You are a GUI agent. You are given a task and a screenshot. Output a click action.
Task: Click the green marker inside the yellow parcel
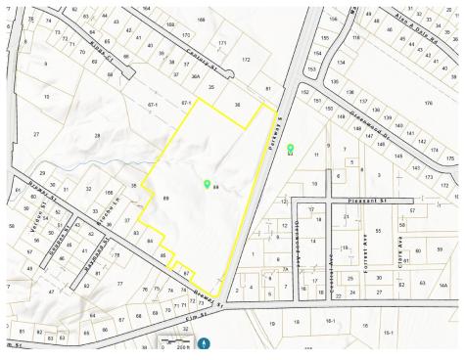point(206,183)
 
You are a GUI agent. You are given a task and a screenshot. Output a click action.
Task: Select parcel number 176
point(427,102)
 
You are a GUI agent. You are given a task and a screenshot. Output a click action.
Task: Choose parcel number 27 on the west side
point(36,133)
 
